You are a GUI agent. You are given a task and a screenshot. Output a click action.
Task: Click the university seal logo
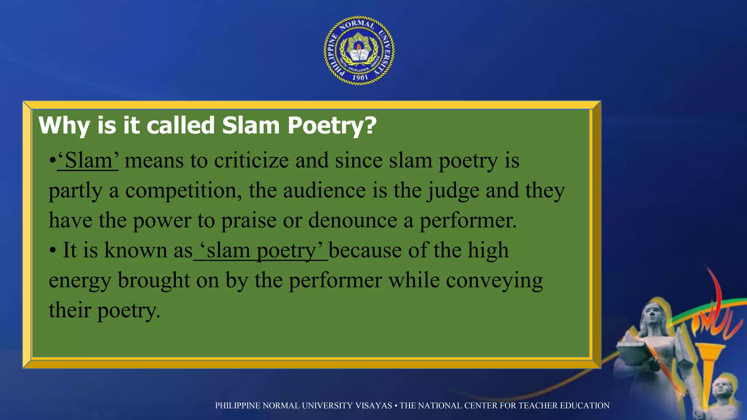(x=359, y=50)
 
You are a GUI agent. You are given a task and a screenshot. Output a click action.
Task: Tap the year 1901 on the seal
(x=360, y=77)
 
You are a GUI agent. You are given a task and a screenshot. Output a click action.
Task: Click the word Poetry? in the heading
(x=332, y=125)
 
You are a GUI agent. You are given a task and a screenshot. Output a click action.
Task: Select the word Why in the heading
(x=64, y=125)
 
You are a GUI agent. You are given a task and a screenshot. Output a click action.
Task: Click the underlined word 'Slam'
(x=88, y=160)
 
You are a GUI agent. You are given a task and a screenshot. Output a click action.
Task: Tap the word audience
(x=324, y=191)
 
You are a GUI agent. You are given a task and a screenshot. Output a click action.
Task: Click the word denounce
(x=352, y=221)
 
